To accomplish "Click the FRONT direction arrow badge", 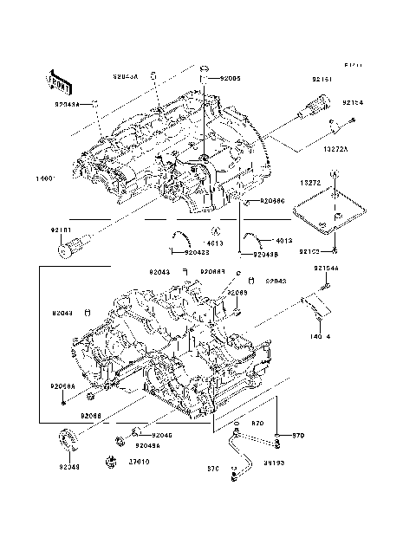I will pyautogui.click(x=58, y=81).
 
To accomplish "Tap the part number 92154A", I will pyautogui.click(x=327, y=269).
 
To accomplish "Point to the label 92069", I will pyautogui.click(x=237, y=293).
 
